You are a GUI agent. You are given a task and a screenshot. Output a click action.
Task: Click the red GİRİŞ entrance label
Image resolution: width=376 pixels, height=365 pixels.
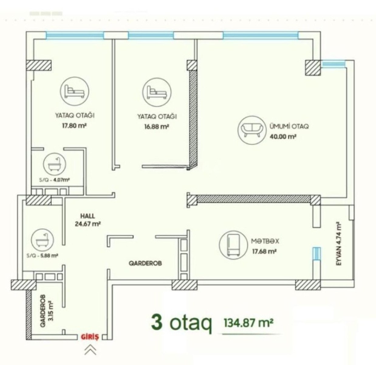pos(90,337)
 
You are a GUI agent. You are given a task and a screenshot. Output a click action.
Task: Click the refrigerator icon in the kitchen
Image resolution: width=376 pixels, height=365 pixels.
pos(234,245)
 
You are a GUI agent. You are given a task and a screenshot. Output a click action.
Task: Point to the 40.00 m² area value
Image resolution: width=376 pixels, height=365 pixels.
pos(283,137)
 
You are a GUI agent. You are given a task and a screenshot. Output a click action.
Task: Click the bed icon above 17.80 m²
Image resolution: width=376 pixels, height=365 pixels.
pos(75,91)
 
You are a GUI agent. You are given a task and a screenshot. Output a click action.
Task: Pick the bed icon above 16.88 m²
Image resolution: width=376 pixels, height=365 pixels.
pos(157,92)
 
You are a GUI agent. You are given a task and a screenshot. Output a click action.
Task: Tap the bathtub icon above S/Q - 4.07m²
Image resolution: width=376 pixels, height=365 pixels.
pos(54,165)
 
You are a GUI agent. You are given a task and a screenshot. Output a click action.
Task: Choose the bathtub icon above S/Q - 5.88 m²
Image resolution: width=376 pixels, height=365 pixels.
pos(43,240)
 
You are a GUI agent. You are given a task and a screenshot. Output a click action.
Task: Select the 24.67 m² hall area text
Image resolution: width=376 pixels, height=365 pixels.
pos(88,224)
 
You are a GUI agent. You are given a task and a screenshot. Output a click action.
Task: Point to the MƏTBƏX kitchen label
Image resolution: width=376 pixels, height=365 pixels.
pos(265,241)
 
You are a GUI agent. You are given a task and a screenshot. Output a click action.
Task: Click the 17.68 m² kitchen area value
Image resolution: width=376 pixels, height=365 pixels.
pos(264,252)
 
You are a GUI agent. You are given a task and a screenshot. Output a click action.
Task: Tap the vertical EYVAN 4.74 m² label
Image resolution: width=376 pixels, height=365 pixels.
pos(339,244)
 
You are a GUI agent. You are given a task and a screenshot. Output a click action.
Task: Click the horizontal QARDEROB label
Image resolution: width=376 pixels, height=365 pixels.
pos(145,263)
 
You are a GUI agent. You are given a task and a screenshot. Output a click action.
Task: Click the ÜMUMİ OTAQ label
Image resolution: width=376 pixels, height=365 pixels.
pos(289,126)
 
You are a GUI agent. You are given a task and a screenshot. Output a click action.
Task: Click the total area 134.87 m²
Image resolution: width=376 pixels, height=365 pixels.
pos(249,323)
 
